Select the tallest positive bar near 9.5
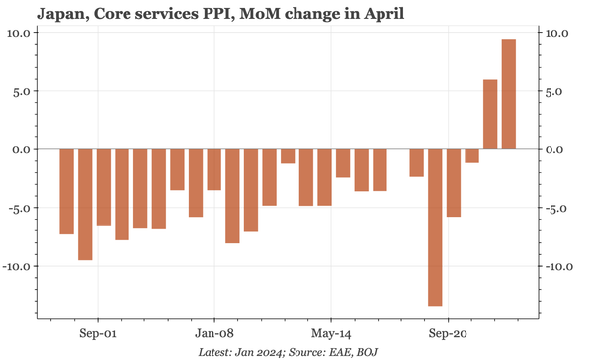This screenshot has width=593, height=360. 509,94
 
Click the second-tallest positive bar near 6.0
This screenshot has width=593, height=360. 490,115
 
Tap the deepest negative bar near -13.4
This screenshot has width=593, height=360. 435,227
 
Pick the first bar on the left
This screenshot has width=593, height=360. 67,192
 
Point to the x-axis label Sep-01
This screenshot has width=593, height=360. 100,333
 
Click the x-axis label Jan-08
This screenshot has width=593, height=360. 214,333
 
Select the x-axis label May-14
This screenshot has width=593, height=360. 330,333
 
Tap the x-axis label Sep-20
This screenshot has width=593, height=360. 446,333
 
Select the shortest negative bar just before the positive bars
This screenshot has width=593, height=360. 471,155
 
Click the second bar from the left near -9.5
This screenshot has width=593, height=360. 85,205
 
